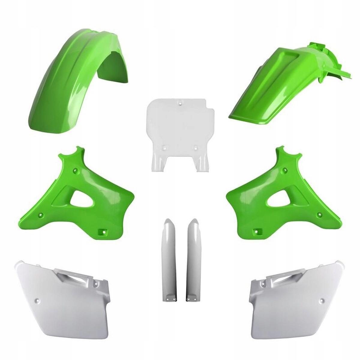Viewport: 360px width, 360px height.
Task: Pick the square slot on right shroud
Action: point(257,232)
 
